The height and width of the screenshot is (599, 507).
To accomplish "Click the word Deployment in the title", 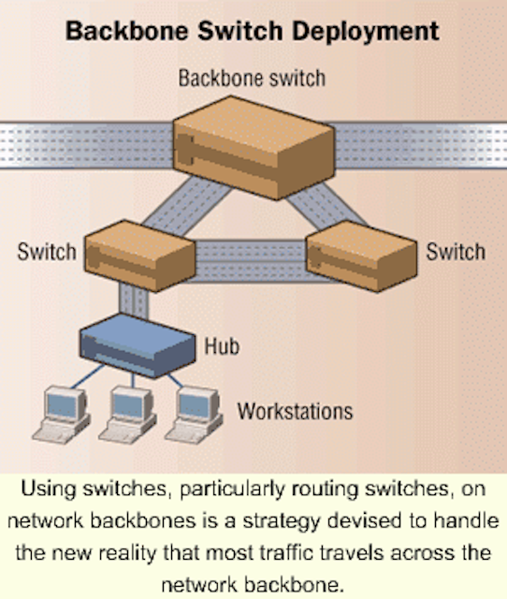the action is tap(366, 31).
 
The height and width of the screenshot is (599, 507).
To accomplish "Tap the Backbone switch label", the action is tap(252, 79).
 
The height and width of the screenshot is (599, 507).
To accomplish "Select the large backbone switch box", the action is tap(253, 148).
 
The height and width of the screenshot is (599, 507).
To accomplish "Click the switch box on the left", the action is tap(139, 256).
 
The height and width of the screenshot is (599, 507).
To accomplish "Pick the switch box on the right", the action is tap(362, 256).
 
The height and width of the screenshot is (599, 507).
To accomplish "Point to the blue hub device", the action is tap(138, 345).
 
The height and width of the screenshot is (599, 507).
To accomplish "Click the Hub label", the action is tap(222, 346).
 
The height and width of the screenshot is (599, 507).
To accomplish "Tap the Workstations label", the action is tap(295, 412).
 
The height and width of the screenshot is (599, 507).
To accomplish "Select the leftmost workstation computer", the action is tap(62, 415).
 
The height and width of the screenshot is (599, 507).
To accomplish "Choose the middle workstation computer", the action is tap(127, 415).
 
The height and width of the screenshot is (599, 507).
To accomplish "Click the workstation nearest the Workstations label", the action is tap(194, 415).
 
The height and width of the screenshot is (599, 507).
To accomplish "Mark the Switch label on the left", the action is tap(47, 252).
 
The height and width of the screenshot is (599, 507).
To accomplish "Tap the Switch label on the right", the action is tap(456, 252).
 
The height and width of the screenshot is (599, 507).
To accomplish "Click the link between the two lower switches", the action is tap(252, 261).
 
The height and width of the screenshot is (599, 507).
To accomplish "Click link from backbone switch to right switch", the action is tap(326, 205).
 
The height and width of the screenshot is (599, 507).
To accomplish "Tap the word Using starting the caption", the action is tap(50, 489).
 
